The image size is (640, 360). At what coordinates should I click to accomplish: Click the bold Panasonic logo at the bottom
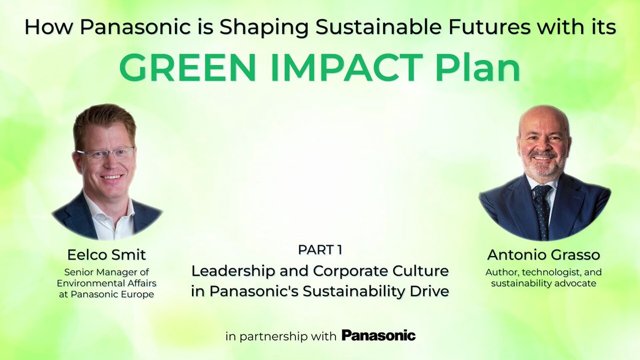(379, 335)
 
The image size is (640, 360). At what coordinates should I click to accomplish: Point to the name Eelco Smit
(106, 255)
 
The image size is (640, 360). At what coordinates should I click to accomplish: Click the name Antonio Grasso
(543, 255)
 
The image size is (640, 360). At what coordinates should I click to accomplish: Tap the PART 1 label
(320, 250)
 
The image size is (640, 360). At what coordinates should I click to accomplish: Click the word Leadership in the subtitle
(233, 271)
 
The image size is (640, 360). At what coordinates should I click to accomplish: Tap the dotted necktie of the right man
(541, 211)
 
